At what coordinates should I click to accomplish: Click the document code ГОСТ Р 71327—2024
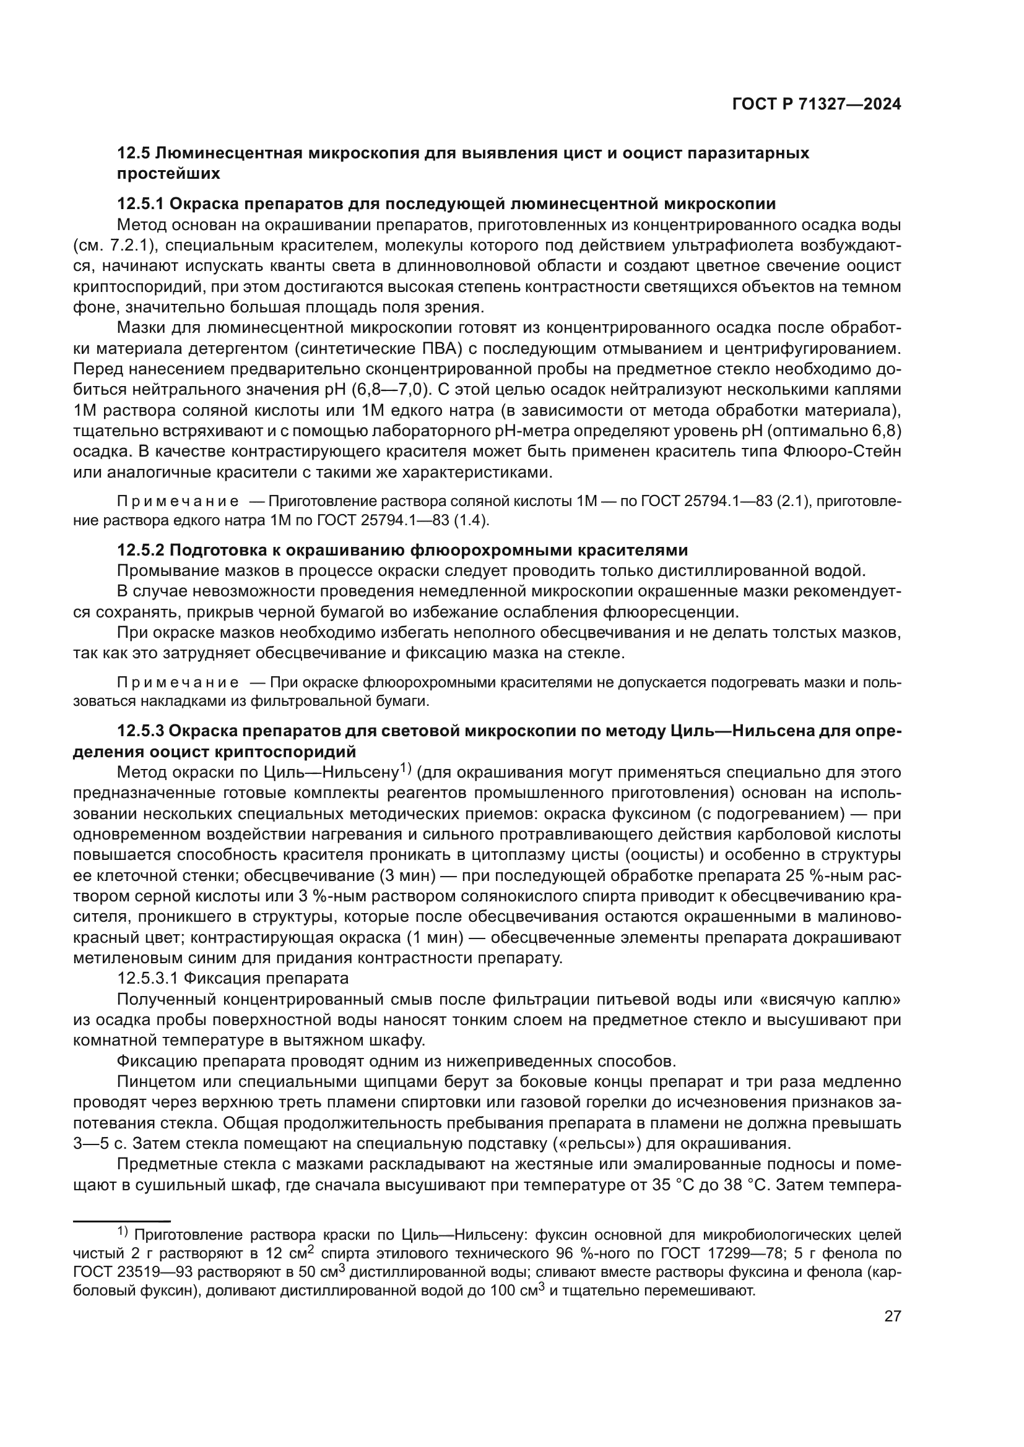[x=816, y=105]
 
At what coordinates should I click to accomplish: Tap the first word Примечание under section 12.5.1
[x=178, y=502]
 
